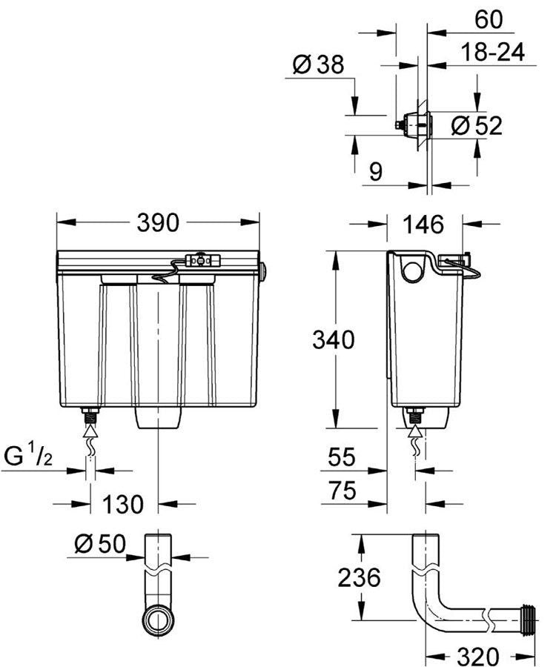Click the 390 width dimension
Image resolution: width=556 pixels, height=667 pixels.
158,222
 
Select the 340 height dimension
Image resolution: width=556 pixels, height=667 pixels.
333,339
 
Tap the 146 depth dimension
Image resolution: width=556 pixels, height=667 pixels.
423,223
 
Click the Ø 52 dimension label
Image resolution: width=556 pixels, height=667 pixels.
477,126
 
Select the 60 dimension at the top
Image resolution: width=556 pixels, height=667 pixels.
489,20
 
